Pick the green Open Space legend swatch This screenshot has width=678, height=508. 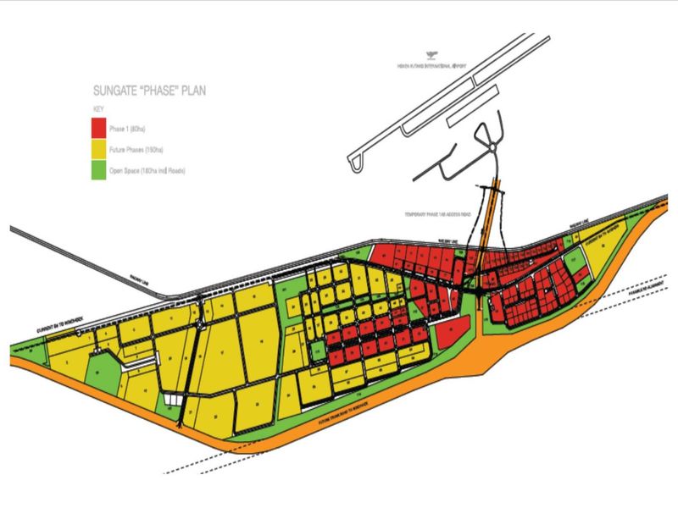coord(99,171)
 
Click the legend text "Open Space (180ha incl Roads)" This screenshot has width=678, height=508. coord(152,172)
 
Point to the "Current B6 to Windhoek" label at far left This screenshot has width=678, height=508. coord(61,324)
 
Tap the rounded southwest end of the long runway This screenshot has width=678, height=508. coord(354,162)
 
